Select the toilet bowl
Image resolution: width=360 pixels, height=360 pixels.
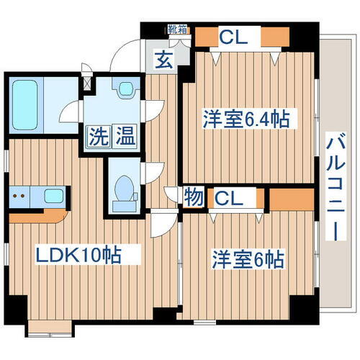coord(125,190)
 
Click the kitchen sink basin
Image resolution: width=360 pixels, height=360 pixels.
coord(53,195)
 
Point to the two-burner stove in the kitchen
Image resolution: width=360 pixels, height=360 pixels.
coord(21,195)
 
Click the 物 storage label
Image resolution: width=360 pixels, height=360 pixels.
coord(193,196)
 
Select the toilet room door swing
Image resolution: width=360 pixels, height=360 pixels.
coord(153,173)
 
